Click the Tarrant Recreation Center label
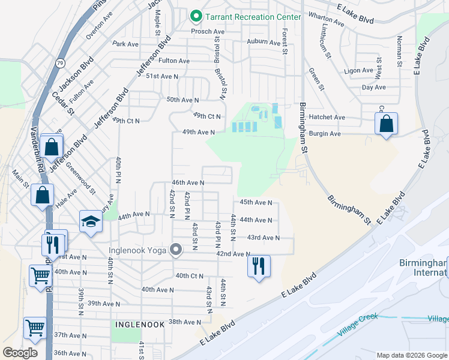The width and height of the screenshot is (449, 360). (254, 16)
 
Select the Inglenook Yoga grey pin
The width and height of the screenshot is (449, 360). (176, 249)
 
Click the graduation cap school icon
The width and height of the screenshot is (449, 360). (91, 222)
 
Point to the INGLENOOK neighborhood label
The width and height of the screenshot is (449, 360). (140, 324)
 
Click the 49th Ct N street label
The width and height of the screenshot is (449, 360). (207, 116)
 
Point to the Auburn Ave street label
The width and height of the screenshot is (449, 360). (264, 42)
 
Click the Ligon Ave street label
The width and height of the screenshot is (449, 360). (360, 70)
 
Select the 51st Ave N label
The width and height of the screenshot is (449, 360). (162, 76)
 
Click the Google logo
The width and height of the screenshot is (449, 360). (20, 352)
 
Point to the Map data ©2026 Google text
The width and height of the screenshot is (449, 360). (411, 355)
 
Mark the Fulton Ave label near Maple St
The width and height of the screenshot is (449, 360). (174, 61)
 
